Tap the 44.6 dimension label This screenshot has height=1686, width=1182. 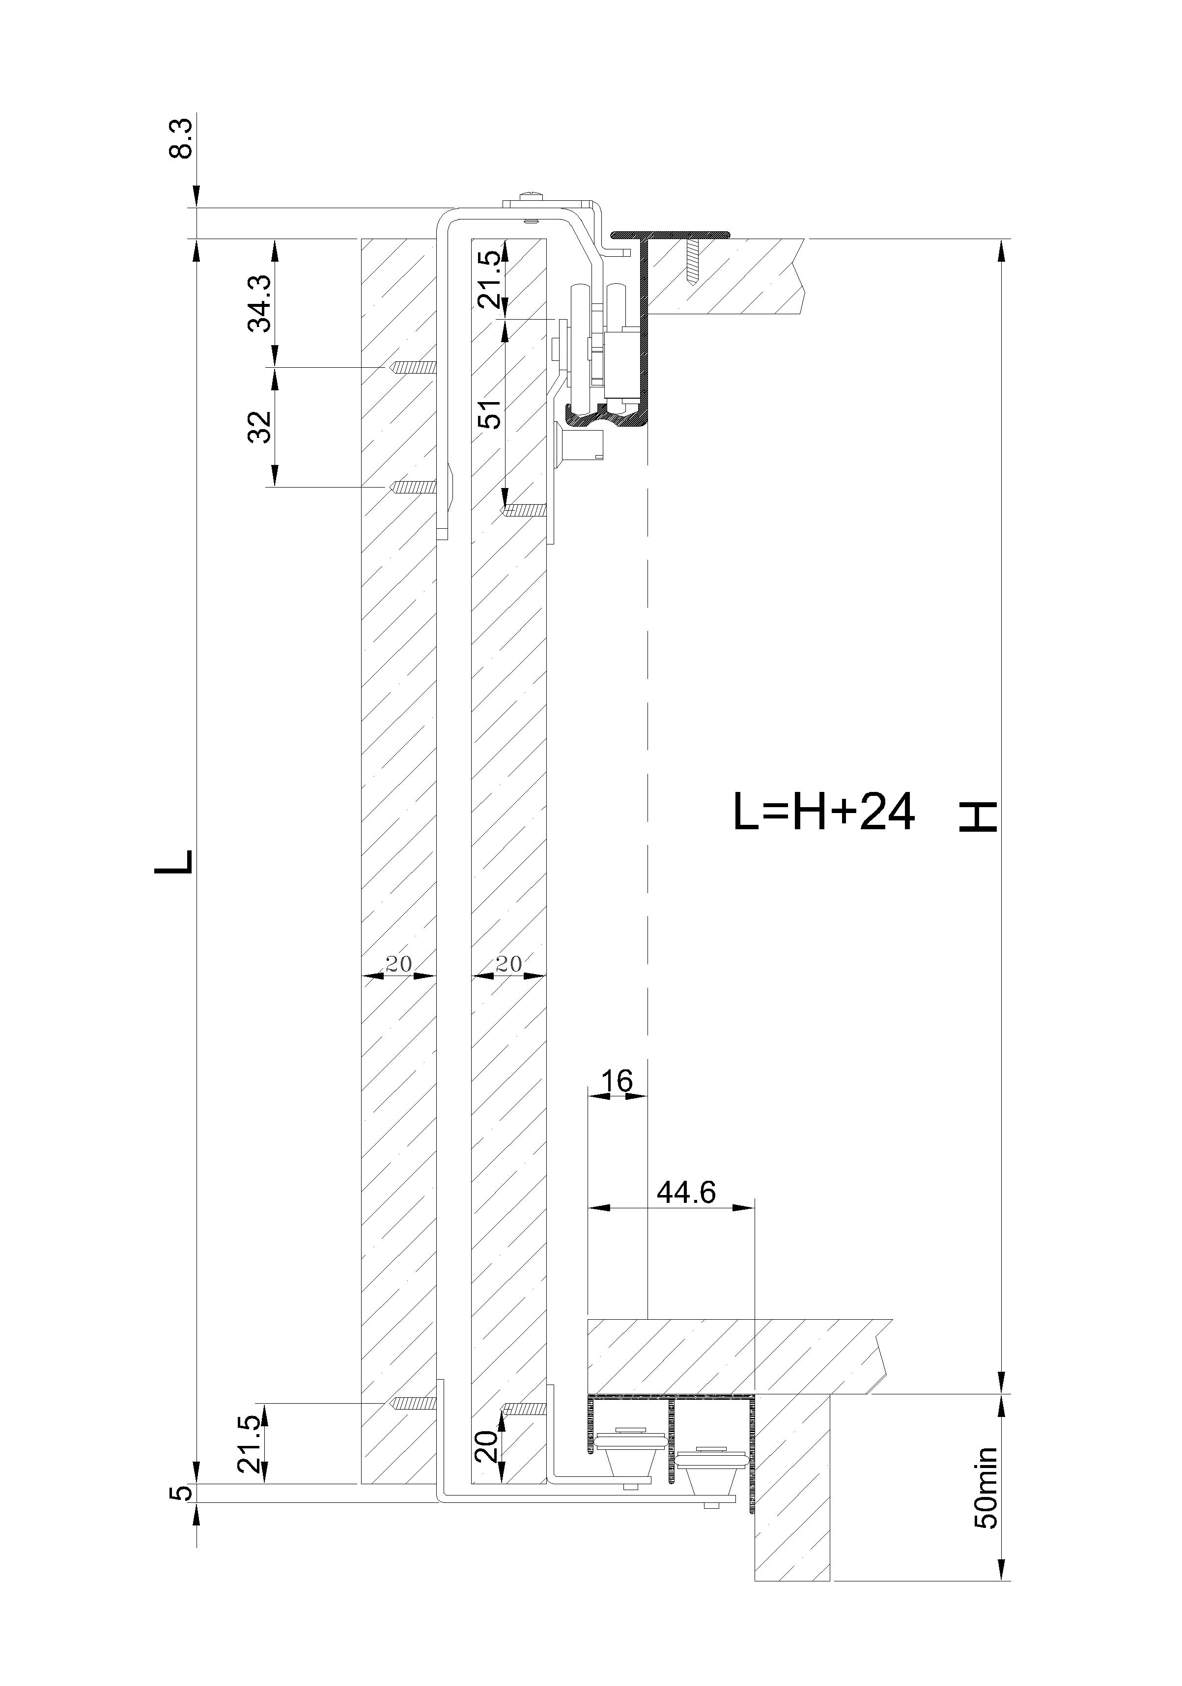coord(686,1193)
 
